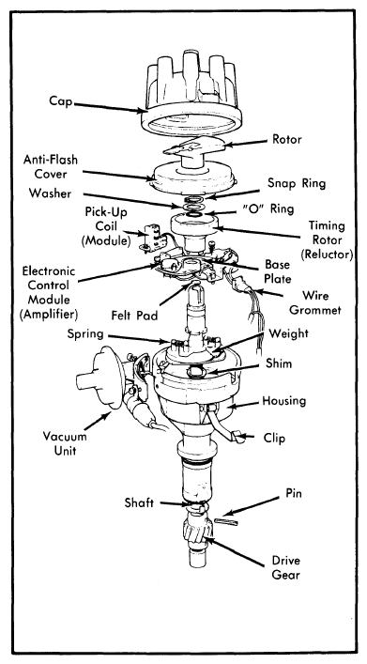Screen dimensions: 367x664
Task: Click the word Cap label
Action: click(61, 102)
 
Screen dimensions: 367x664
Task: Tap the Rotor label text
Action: click(287, 139)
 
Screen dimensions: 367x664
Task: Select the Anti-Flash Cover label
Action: click(51, 166)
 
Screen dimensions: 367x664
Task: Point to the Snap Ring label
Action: click(297, 183)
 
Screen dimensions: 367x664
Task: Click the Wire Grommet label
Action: click(315, 302)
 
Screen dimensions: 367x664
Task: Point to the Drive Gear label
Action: click(285, 568)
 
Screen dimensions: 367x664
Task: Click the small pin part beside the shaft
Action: click(226, 521)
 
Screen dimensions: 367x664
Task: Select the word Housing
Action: click(284, 400)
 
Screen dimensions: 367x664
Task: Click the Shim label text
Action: click(279, 363)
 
